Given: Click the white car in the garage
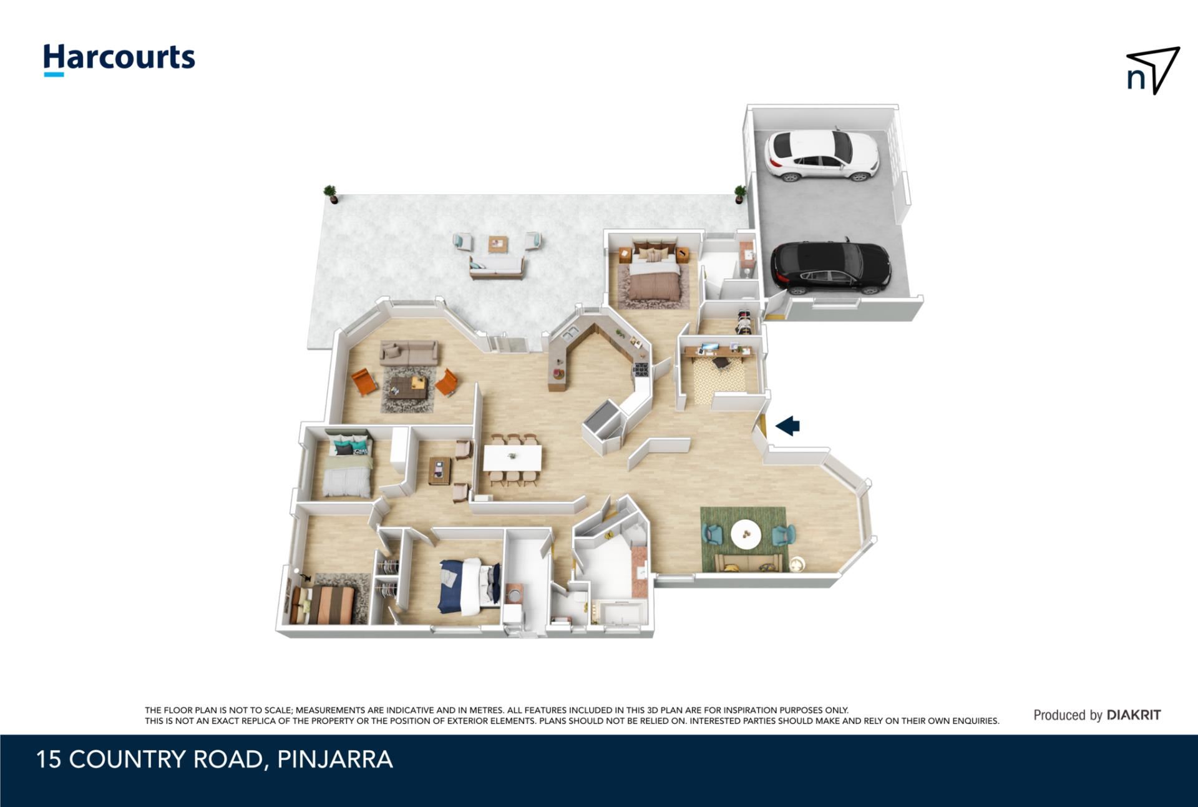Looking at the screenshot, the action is click(822, 156).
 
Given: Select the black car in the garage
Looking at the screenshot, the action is click(830, 268).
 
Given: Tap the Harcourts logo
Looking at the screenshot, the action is click(119, 60).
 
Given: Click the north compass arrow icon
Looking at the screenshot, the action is click(1153, 70).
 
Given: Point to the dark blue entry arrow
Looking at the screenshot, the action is click(787, 426).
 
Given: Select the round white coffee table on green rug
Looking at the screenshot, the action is click(746, 535).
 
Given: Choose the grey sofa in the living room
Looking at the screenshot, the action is click(409, 353).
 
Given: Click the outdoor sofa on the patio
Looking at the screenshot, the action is click(497, 267).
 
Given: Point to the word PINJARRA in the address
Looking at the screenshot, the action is click(335, 760).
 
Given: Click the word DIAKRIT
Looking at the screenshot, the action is click(1134, 715).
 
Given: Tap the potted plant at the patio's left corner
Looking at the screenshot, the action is click(331, 194).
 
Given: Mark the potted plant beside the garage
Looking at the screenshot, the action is click(740, 194).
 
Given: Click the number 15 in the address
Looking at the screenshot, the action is click(49, 760).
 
